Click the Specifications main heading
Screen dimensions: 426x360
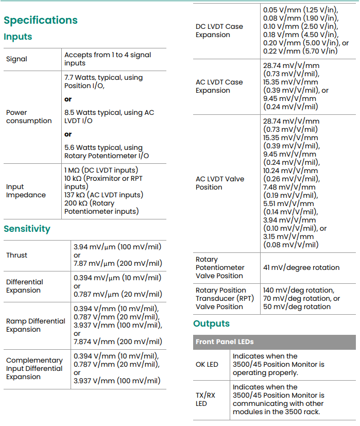pos(41,20)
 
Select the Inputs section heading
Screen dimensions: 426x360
pos(18,37)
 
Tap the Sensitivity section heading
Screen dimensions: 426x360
pos(27,229)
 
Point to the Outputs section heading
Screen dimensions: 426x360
pos(211,323)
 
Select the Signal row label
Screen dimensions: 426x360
pos(16,59)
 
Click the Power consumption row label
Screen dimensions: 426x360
pos(29,116)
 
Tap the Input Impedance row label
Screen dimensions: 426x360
pos(26,191)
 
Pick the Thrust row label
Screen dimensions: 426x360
pos(17,255)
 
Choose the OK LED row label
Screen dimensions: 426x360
pos(207,364)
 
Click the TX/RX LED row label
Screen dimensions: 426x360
pos(205,399)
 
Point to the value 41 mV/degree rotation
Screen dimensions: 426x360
pos(301,267)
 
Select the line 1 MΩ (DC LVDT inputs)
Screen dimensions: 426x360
pos(101,170)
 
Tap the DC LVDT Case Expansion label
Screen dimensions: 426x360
pos(219,30)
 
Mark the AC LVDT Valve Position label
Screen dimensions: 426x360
pos(220,183)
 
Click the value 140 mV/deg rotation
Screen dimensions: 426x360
pos(298,290)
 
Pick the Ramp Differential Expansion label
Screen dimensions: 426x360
pos(36,325)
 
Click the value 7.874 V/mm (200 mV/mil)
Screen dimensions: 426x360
pos(118,342)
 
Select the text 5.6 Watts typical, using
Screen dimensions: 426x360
pos(104,148)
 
